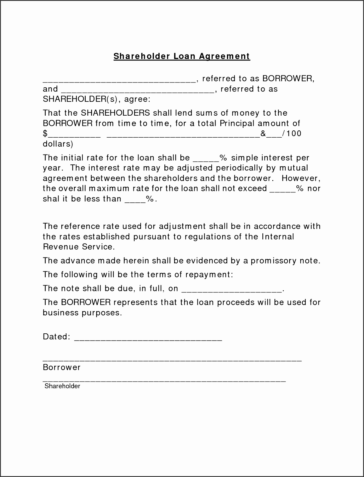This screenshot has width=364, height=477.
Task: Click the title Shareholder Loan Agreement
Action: [182, 56]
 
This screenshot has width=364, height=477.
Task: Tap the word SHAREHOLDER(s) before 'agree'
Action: [81, 99]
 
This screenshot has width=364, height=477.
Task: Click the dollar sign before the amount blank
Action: [45, 133]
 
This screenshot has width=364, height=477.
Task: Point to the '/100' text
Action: [292, 133]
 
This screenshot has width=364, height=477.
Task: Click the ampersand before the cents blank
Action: [263, 133]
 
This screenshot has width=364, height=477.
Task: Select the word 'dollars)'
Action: [58, 144]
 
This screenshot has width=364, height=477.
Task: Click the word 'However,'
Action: [301, 178]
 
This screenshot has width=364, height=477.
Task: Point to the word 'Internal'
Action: [278, 236]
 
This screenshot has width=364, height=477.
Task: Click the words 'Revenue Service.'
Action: [79, 247]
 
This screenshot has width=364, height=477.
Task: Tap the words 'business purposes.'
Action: [82, 313]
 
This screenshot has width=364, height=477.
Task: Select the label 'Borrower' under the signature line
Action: [62, 367]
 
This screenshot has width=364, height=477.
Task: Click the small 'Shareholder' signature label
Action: [62, 386]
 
